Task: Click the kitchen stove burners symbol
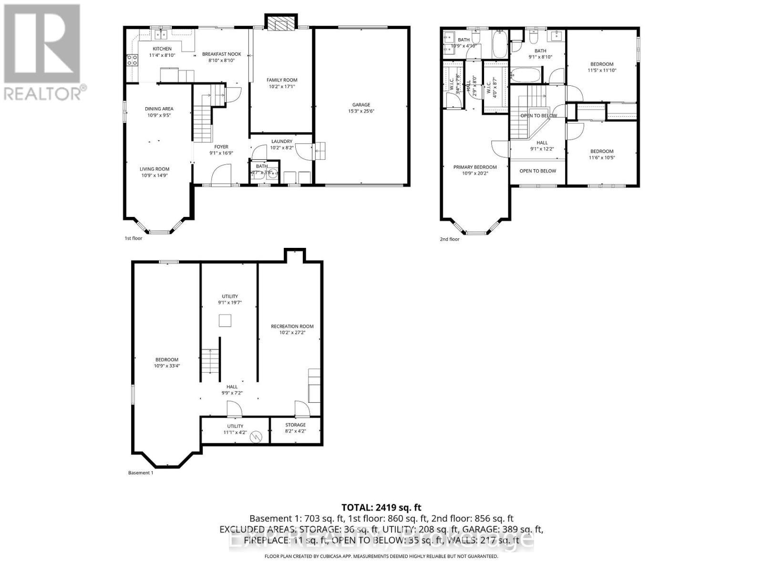[132, 60]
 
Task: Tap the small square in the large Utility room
[225, 321]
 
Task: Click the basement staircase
[210, 361]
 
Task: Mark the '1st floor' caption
[133, 238]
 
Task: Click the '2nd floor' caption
[449, 239]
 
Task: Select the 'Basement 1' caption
[141, 473]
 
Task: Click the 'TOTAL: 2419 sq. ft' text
[381, 508]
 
